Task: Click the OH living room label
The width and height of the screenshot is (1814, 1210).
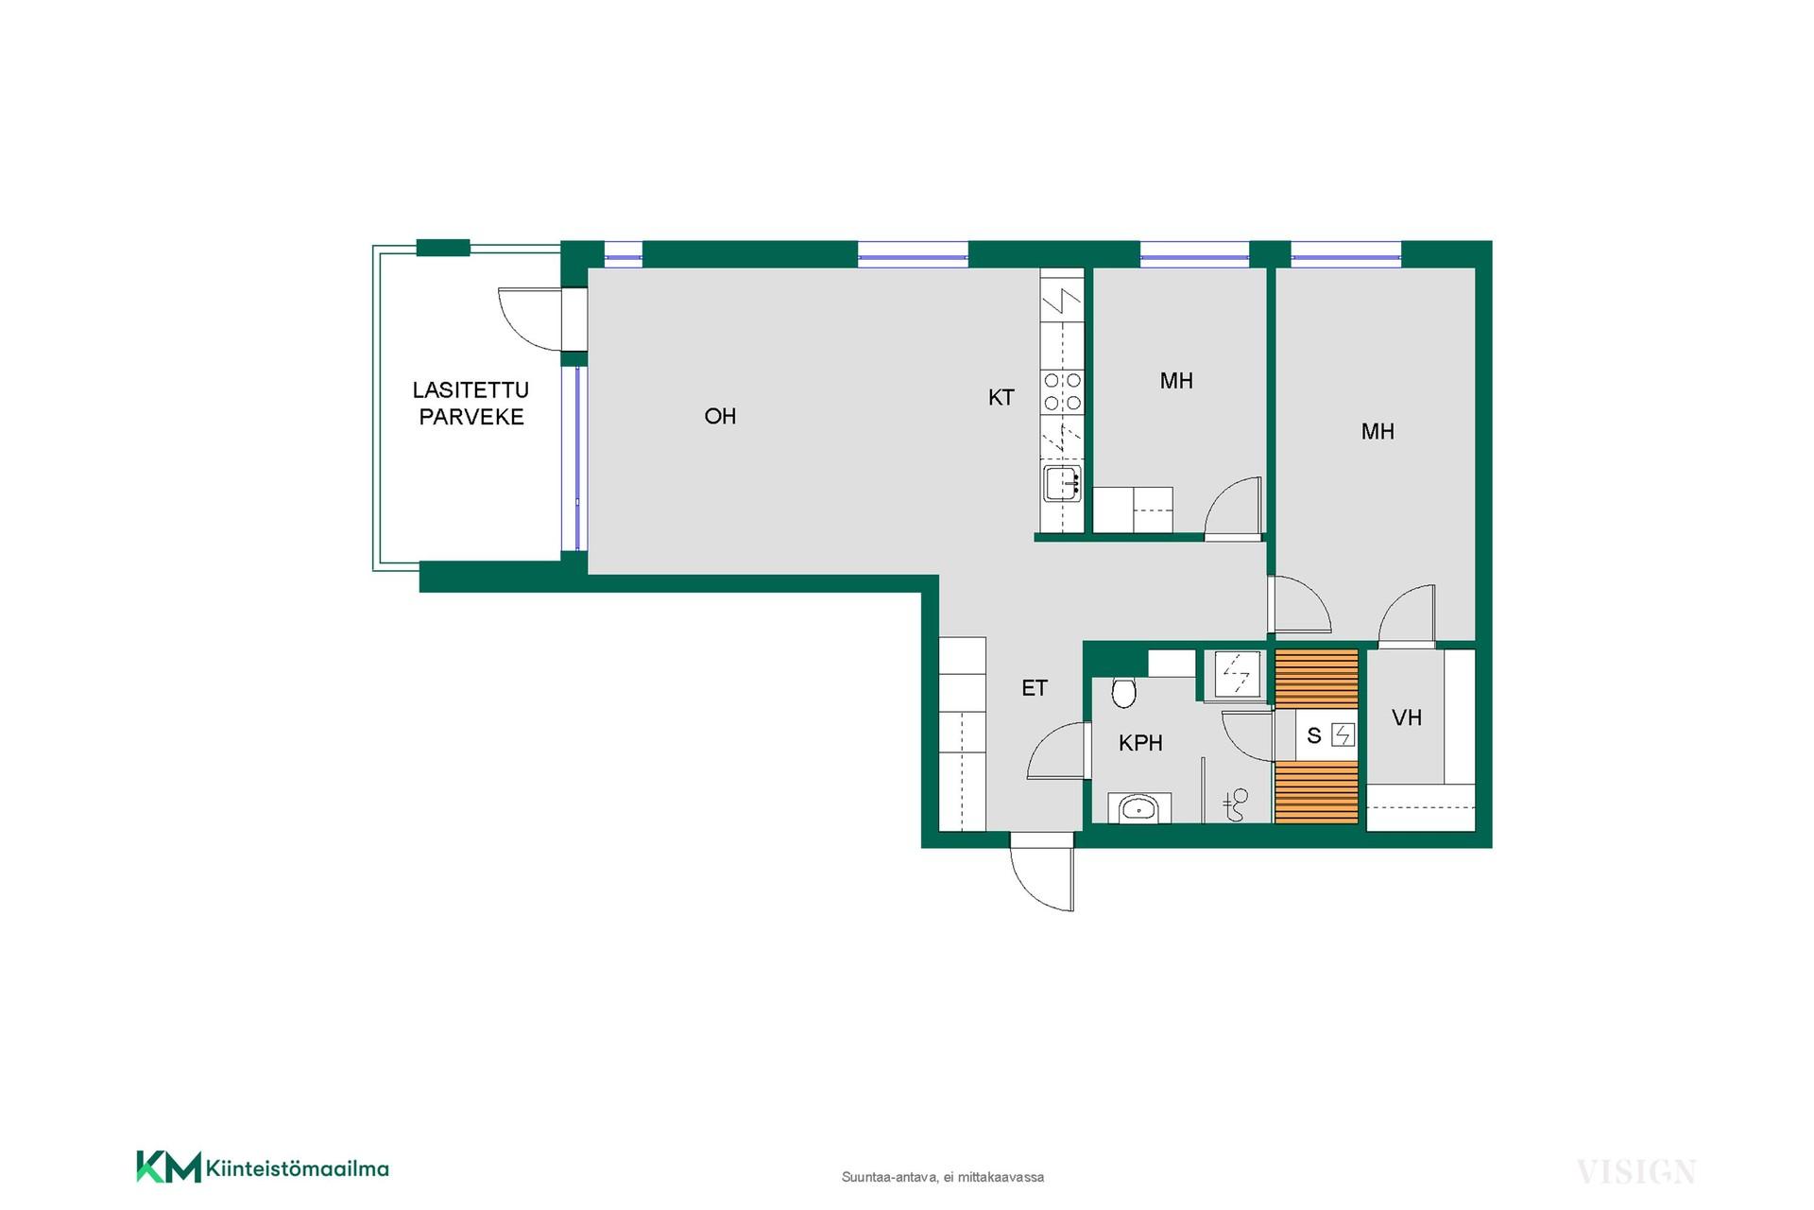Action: (x=720, y=416)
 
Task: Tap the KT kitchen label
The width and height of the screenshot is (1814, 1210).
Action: (x=1001, y=398)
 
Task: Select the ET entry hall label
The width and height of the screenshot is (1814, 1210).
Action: (x=1035, y=688)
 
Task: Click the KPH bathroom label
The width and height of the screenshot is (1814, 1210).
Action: (x=1140, y=743)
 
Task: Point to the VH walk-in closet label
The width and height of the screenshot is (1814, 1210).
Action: (x=1407, y=717)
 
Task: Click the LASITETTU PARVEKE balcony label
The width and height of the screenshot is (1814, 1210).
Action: (x=471, y=404)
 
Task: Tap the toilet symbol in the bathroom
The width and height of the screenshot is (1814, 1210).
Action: (x=1123, y=693)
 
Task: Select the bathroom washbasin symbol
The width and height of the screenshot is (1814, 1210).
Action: (x=1138, y=808)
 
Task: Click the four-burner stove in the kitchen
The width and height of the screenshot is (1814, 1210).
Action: (x=1062, y=391)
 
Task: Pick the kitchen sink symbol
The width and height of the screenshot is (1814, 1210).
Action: (x=1062, y=484)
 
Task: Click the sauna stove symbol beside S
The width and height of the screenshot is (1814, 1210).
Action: (x=1343, y=735)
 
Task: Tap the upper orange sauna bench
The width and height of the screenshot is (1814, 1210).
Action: (x=1317, y=678)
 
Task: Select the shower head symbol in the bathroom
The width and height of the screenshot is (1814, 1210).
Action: (x=1237, y=804)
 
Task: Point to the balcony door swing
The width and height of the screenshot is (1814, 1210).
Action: (x=529, y=320)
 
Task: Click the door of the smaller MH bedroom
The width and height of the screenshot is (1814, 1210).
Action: (x=1233, y=508)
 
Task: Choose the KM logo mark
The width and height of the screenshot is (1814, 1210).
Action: (x=169, y=1167)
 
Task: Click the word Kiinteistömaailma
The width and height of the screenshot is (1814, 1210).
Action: (x=298, y=1168)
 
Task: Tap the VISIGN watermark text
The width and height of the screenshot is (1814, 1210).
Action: (x=1636, y=1172)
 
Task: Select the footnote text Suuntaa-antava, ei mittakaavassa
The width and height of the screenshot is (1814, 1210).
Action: (x=943, y=1177)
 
